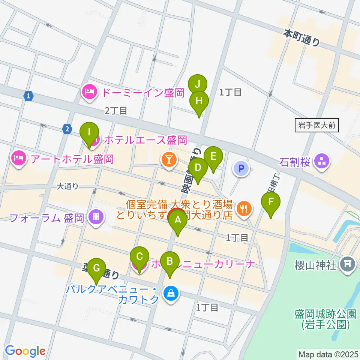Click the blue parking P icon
click(241, 168)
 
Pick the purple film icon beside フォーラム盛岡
click(97, 217)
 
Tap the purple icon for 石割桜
click(322, 162)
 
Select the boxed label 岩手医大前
click(316, 126)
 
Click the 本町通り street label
click(301, 38)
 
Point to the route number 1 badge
click(28, 96)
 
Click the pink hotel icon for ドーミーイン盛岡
click(89, 92)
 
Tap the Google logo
click(25, 351)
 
